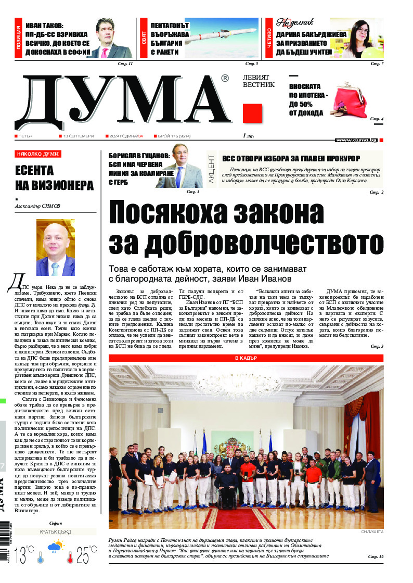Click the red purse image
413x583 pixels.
348,100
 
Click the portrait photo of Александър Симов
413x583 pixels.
55,248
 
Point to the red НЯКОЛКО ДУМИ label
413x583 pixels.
38,154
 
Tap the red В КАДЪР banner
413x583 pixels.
246,358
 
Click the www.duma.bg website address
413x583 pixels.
356,140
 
